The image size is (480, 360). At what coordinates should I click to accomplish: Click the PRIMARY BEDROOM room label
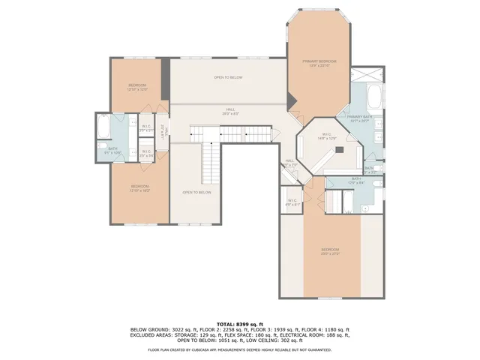click(319, 61)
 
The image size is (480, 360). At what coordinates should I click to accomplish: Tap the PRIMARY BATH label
click(360, 117)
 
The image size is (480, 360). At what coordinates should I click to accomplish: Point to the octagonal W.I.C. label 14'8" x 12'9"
click(327, 136)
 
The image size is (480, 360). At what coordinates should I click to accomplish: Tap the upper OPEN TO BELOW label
click(228, 77)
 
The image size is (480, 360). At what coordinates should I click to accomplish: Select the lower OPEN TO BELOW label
click(196, 192)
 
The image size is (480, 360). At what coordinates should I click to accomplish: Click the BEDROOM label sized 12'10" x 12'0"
click(136, 85)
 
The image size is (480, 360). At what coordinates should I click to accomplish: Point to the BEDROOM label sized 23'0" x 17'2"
click(331, 250)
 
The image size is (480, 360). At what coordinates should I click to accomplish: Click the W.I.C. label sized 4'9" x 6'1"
click(292, 201)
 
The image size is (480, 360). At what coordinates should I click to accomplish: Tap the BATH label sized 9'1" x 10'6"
click(114, 149)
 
